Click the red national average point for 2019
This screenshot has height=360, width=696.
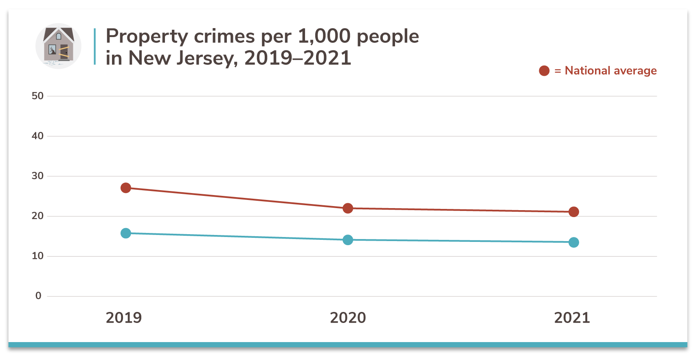tap(126, 188)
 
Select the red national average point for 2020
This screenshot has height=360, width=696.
tap(348, 208)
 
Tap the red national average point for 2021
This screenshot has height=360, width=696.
tap(573, 212)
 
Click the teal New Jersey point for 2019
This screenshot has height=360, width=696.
tap(126, 233)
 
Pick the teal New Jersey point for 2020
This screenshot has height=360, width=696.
tap(348, 240)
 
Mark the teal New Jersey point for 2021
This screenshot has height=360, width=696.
tap(573, 242)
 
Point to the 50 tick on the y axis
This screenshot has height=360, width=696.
tap(37, 96)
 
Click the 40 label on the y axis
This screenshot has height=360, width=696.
tap(37, 136)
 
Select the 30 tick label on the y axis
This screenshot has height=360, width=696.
tap(37, 176)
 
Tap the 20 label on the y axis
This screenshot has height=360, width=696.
tap(37, 216)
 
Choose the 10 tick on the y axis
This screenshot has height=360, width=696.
tap(37, 256)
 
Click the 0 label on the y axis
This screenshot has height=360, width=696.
tap(38, 296)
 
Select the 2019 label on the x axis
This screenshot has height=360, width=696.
tap(124, 318)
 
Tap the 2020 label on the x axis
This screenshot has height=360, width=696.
tap(348, 318)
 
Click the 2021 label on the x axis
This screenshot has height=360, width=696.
tap(572, 318)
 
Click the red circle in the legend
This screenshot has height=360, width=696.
tap(544, 71)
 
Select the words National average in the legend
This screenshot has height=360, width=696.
tap(610, 71)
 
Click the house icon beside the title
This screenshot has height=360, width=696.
tap(59, 46)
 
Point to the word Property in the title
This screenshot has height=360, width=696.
tap(147, 37)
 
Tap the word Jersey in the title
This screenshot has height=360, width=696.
tap(207, 58)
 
